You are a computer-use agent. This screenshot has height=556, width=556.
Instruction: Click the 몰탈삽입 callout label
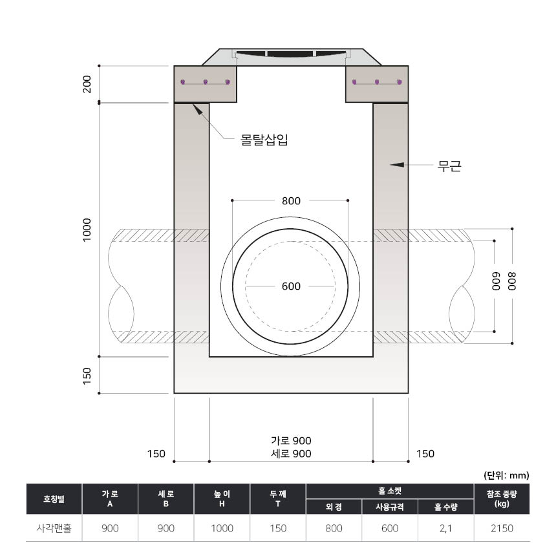pos(264,140)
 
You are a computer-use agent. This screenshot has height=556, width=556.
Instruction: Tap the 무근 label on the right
pos(449,166)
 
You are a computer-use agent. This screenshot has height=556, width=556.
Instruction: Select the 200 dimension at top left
pos(87,84)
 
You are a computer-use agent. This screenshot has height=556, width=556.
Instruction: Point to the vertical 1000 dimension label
pos(87,230)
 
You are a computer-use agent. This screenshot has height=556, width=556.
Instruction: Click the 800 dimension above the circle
pos(291,201)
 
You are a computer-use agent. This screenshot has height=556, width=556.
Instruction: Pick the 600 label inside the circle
pos(291,286)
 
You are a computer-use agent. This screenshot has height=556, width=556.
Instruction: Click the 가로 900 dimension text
pos(291,440)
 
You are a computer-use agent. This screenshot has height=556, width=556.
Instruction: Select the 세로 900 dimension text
pos(291,453)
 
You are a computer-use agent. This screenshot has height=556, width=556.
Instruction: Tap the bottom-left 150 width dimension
pos(156,454)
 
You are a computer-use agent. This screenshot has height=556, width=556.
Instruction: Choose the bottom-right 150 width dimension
pos(425,454)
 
